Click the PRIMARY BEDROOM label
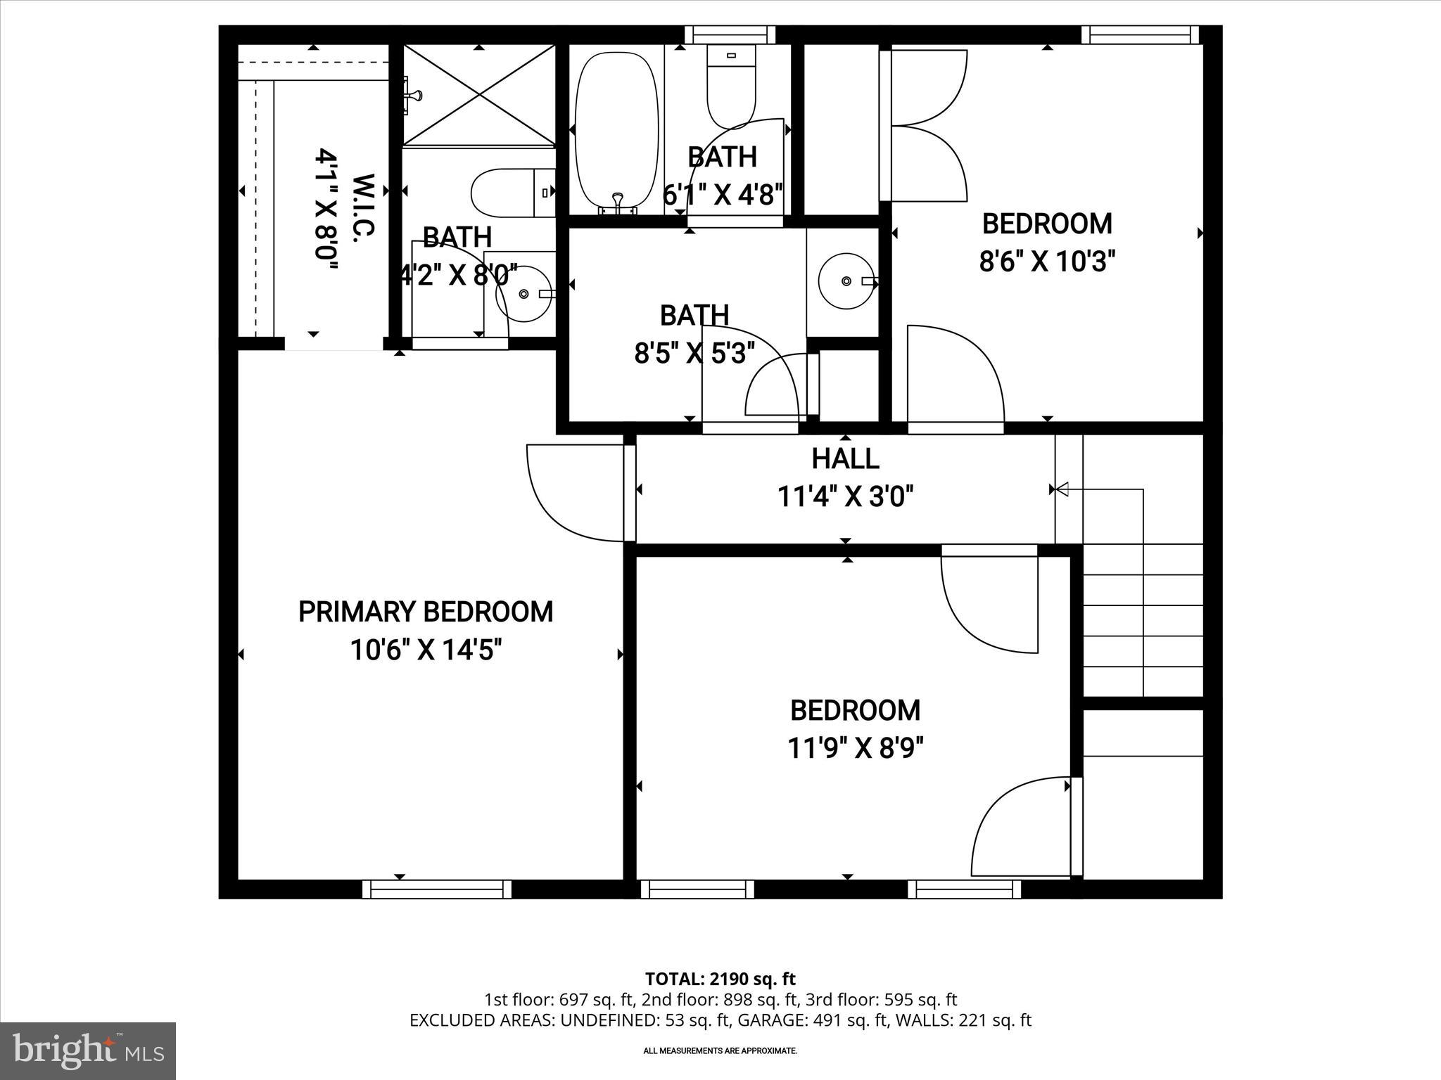click(x=425, y=612)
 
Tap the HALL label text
click(x=845, y=458)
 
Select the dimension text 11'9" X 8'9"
click(x=855, y=748)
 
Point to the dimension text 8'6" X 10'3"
click(x=1047, y=262)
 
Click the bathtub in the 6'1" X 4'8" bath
click(x=616, y=134)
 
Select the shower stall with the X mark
click(x=479, y=96)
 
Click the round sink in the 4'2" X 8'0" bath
click(x=523, y=295)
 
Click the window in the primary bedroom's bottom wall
click(x=437, y=889)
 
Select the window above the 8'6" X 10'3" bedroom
click(x=1140, y=34)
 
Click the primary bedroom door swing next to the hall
click(x=573, y=492)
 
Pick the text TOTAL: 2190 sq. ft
click(x=720, y=979)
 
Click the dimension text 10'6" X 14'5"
click(x=425, y=650)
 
